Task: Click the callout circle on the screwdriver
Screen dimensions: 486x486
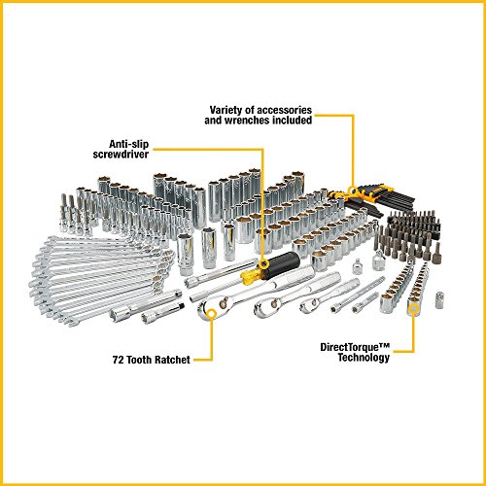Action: coord(262,260)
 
